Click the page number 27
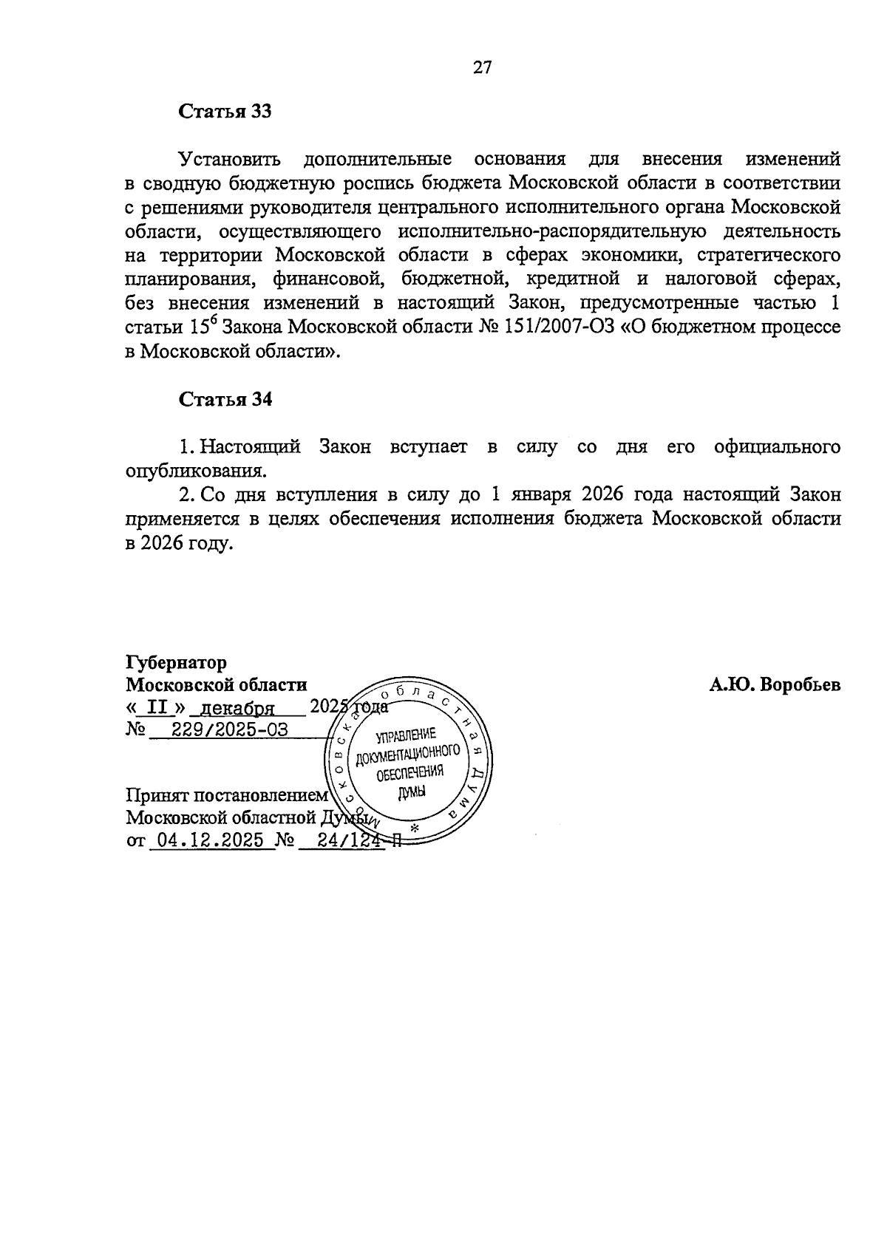(482, 68)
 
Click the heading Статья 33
(225, 112)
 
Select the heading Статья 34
(225, 400)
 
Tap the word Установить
(230, 159)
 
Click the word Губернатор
(177, 662)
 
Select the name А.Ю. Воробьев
(775, 685)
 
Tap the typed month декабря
(238, 709)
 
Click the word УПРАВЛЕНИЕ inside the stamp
(407, 735)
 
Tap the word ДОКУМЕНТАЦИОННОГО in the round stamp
(408, 755)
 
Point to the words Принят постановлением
(226, 795)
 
